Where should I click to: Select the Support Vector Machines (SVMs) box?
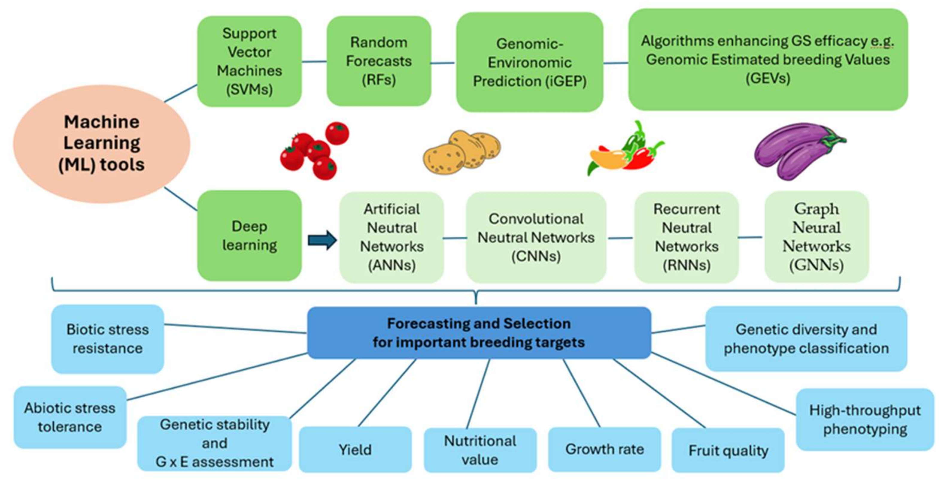[x=250, y=61]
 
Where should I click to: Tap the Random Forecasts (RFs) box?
[x=379, y=61]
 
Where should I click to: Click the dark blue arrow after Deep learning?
[x=322, y=240]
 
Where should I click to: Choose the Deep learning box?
[x=250, y=236]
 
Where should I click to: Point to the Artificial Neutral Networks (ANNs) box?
[x=391, y=237]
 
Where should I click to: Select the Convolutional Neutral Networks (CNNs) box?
[x=536, y=237]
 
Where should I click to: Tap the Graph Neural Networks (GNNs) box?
[x=816, y=237]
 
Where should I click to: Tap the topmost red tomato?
[x=337, y=133]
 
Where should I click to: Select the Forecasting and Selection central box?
[x=479, y=333]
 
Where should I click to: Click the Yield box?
[x=355, y=449]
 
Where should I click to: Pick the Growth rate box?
[x=605, y=449]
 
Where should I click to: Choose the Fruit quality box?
[x=728, y=450]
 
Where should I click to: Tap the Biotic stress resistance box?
[x=107, y=339]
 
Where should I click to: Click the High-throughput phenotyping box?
[x=865, y=420]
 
